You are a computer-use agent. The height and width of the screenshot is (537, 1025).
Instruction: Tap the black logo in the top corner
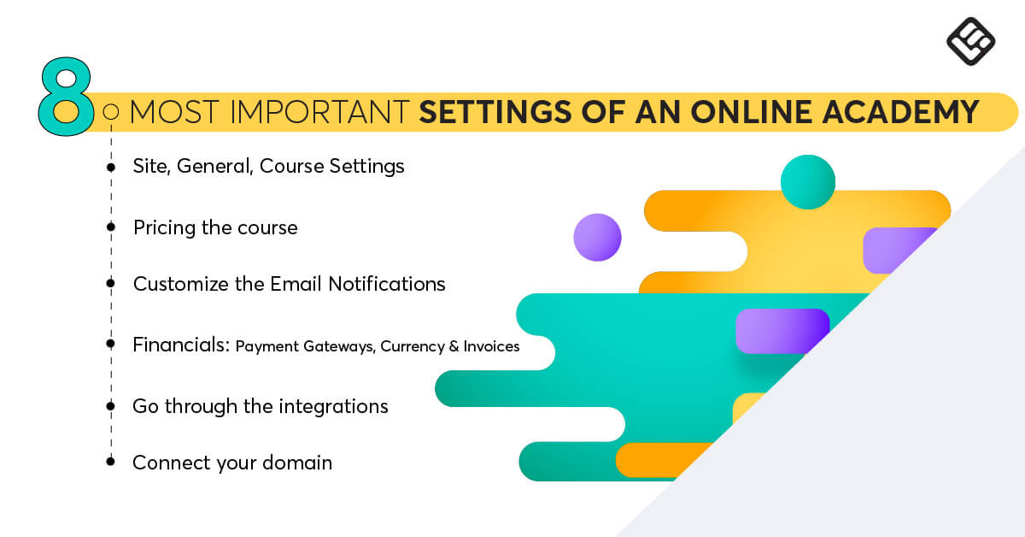(970, 42)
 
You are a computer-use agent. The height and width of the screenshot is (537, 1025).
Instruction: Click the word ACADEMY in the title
(900, 112)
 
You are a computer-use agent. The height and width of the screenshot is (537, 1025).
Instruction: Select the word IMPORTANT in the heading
(319, 112)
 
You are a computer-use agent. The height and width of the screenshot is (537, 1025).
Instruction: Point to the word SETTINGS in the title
(495, 112)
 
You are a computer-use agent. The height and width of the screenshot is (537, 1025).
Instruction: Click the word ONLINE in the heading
(752, 112)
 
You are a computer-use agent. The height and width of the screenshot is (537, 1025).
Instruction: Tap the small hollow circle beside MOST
(111, 112)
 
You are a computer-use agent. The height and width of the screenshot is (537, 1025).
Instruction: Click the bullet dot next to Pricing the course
(111, 227)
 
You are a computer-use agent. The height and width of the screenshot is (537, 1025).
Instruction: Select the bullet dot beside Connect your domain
(110, 462)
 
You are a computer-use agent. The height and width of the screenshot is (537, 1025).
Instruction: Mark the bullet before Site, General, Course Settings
(111, 168)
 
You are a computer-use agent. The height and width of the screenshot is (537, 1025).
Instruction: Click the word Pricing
(165, 228)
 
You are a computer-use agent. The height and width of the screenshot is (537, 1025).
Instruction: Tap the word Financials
(181, 345)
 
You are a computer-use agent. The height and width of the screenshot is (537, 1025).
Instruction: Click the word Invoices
(491, 346)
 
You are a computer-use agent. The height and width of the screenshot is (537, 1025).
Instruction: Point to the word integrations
(334, 407)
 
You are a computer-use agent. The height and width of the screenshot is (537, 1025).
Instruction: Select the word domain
(297, 463)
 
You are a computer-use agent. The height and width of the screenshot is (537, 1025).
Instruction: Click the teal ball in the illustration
(808, 182)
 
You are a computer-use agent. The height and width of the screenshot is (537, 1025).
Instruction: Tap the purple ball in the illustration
(598, 238)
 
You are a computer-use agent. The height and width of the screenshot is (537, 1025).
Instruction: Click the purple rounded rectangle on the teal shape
(782, 331)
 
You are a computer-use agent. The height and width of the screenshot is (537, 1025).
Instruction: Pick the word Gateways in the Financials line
(339, 347)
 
